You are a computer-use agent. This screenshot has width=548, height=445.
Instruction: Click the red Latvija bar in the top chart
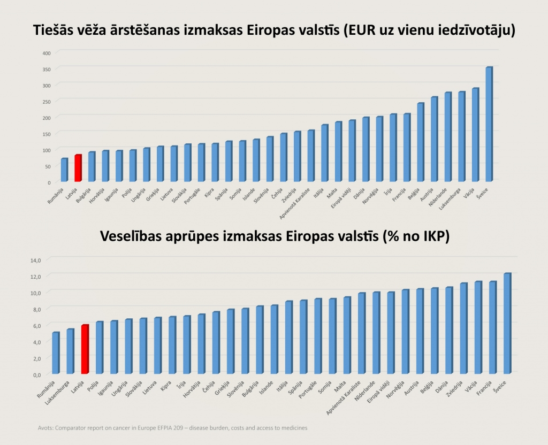click(x=78, y=168)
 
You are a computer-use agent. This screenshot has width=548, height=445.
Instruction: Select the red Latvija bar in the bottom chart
click(x=85, y=349)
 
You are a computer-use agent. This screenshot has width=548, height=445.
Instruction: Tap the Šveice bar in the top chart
click(x=489, y=124)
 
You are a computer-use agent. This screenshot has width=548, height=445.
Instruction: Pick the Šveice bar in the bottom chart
click(x=507, y=323)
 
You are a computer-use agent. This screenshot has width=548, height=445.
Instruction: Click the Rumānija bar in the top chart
click(x=64, y=170)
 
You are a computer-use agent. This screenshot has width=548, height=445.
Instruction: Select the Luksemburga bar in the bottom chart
click(x=70, y=351)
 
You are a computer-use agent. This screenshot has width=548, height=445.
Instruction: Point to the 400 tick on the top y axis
click(x=47, y=53)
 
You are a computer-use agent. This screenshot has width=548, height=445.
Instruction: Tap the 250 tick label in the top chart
click(x=47, y=102)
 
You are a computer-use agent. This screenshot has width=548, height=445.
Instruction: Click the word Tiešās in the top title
click(x=56, y=30)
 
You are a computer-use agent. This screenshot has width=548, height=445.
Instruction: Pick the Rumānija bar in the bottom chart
click(x=56, y=353)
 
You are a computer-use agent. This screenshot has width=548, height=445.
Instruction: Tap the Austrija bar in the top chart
click(x=434, y=139)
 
